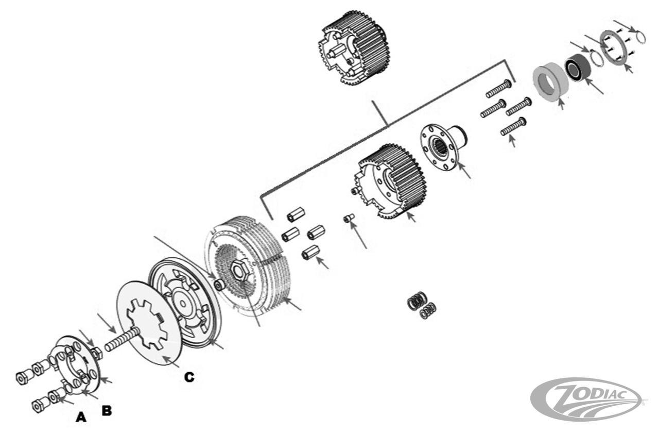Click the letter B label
106,411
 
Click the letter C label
189,377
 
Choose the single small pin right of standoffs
348,219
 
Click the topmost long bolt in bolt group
498,89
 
